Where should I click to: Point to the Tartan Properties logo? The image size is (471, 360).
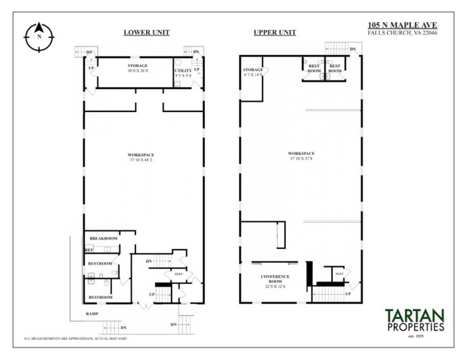pos(414,321)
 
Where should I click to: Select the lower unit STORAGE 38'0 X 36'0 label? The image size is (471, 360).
pos(137,68)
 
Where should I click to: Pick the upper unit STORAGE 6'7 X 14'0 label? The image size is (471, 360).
pos(253,72)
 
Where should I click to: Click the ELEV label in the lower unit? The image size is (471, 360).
pos(179,274)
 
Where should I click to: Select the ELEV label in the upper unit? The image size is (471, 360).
pos(338,274)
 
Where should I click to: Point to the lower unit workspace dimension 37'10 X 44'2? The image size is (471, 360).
pos(140,160)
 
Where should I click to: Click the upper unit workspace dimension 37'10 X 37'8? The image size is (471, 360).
pos(302,156)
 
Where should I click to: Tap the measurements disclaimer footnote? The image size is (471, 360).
pos(75,338)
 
